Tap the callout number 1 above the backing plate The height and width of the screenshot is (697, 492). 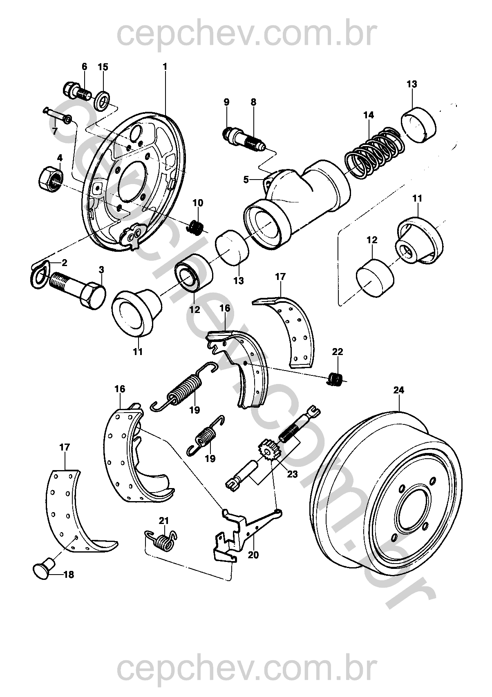click(165, 66)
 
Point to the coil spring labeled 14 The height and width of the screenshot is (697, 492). click(372, 153)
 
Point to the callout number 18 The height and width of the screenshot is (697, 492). click(69, 575)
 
